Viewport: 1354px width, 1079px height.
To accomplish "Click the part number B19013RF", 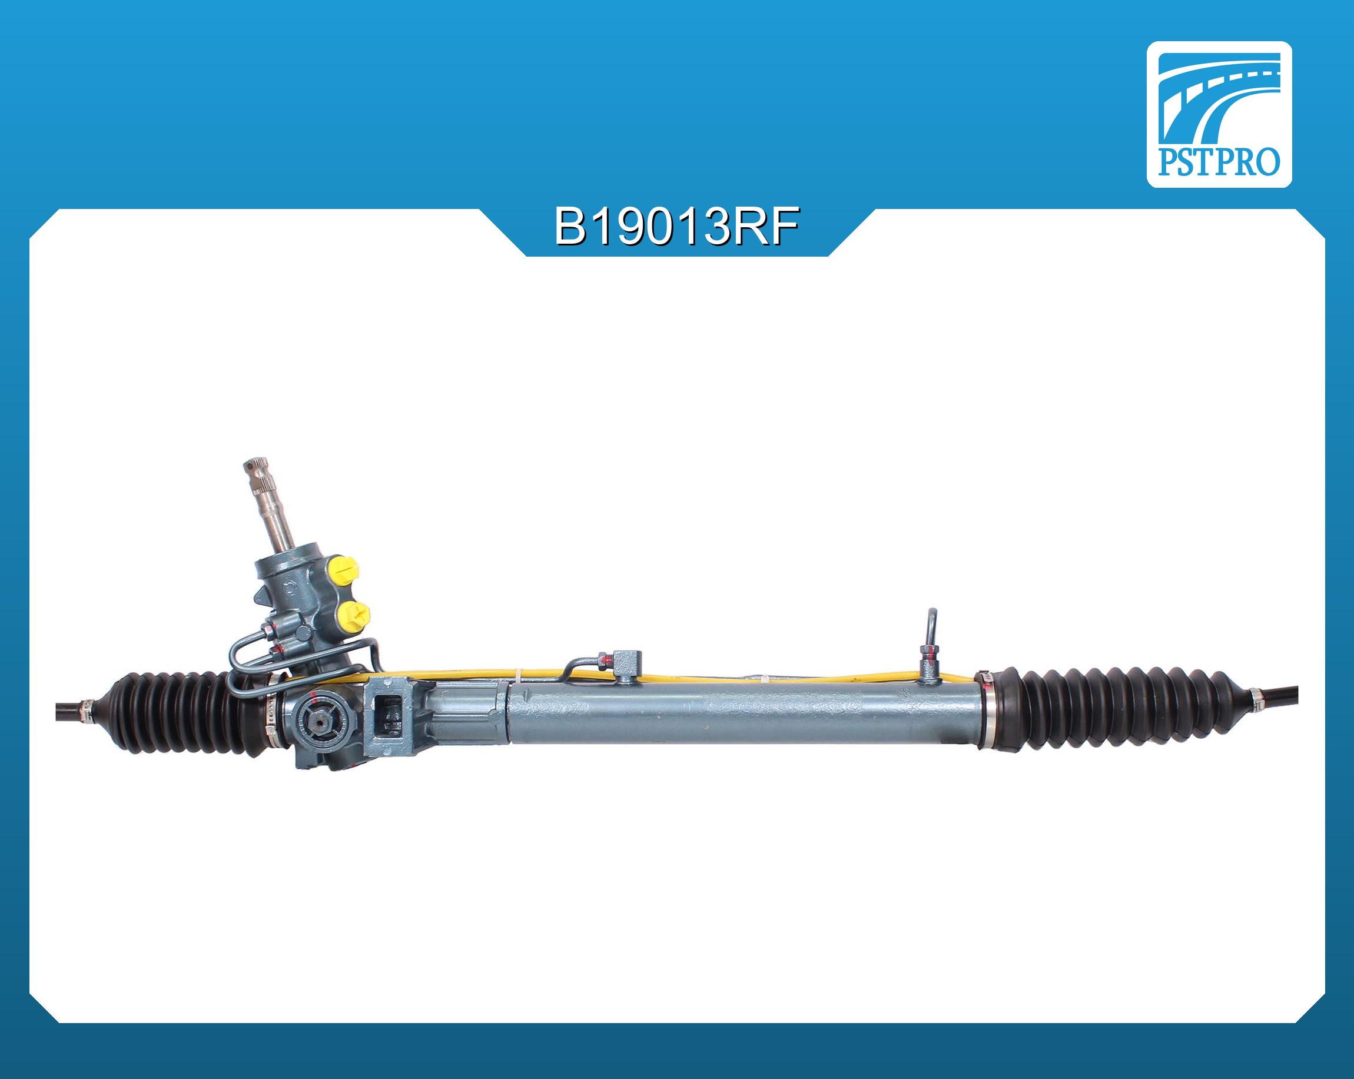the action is click(x=676, y=227).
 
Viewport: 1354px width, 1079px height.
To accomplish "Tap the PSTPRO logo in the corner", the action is click(x=1219, y=114).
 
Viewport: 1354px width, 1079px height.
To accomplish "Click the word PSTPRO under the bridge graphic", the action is click(x=1219, y=162).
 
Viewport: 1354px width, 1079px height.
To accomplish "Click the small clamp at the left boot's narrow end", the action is click(x=85, y=710).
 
